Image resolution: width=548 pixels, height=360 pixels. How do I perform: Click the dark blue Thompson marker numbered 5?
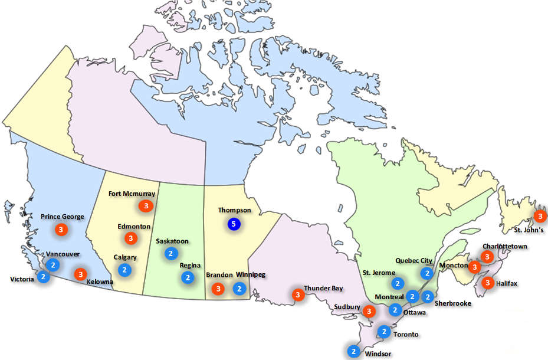point(234,224)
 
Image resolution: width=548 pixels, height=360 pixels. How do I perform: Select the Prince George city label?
point(63,217)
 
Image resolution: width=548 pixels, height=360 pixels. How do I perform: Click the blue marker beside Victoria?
point(42,276)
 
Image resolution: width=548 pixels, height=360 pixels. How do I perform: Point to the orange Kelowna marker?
point(80,274)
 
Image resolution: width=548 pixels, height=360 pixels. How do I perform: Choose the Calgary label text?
point(125,257)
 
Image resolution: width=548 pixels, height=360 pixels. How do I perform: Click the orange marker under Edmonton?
point(130,238)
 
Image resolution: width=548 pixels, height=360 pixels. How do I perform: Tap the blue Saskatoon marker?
point(170,254)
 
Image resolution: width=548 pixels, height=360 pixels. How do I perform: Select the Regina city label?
point(191,265)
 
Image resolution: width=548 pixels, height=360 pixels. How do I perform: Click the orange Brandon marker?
point(218,289)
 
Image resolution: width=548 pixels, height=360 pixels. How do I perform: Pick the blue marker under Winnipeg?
point(239,289)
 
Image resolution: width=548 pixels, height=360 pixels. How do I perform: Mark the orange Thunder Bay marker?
point(298,294)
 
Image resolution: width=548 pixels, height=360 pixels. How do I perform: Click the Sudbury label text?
point(346,307)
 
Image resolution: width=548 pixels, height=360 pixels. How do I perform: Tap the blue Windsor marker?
point(353,351)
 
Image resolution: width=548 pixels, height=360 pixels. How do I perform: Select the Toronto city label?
point(406,334)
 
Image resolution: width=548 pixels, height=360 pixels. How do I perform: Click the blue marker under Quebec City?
point(426,273)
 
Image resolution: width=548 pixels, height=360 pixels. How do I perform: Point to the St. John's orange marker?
point(539,216)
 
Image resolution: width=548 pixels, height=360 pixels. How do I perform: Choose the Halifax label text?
point(506,284)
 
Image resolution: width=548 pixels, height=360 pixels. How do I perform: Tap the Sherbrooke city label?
point(453,303)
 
